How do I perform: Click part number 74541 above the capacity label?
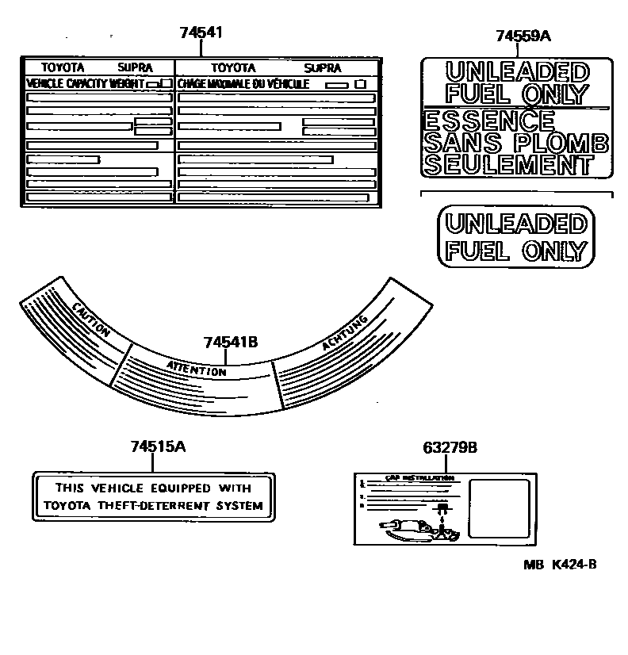(201, 33)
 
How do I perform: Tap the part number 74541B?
(230, 343)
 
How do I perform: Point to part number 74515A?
(158, 446)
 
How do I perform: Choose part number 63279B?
(450, 447)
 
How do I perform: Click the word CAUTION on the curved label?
(90, 320)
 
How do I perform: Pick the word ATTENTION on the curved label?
(197, 368)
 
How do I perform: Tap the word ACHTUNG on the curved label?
(345, 333)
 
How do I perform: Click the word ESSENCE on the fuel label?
(489, 121)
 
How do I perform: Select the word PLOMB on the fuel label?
(564, 143)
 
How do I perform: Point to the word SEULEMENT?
(508, 165)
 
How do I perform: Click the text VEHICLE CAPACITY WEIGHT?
(86, 83)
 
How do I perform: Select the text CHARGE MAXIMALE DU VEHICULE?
(243, 83)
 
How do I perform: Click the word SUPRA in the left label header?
(135, 68)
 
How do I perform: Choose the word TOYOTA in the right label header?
(233, 68)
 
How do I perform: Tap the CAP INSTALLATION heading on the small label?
(408, 479)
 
